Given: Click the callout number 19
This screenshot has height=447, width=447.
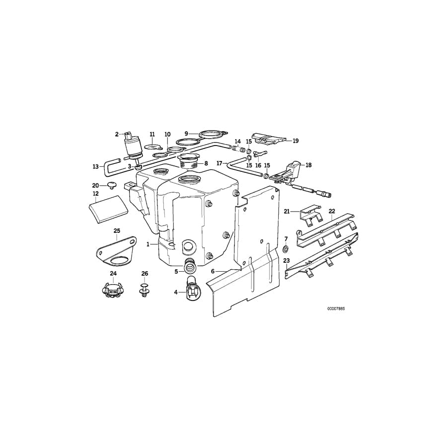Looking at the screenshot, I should click(x=296, y=141).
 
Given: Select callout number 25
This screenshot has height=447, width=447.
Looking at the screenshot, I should click(x=117, y=230).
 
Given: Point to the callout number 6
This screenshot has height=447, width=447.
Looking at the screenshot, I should click(x=213, y=271).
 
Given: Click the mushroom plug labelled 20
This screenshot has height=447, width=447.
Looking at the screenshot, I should click(x=111, y=186).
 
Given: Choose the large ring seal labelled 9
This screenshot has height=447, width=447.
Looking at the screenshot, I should click(x=210, y=134).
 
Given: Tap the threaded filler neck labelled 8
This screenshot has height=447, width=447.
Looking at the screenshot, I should click(x=189, y=162).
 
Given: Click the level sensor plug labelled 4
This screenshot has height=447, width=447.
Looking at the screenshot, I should click(x=191, y=290).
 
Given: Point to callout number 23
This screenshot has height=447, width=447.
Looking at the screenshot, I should click(x=287, y=260).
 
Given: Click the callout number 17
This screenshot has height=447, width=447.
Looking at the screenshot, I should click(x=219, y=162).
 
